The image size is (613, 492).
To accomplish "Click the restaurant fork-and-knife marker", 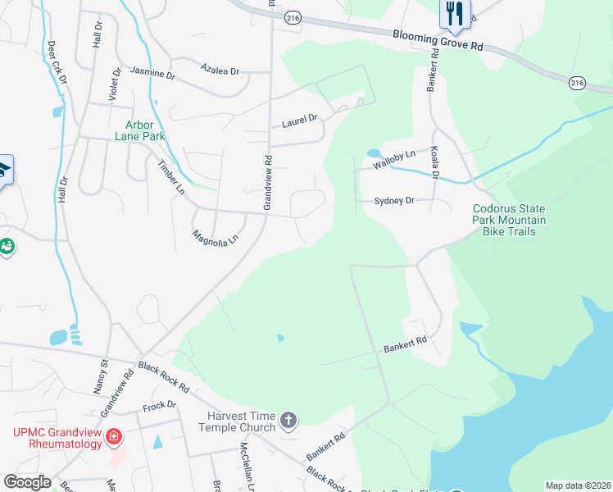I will (x=455, y=12).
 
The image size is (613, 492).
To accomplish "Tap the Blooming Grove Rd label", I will (x=438, y=40).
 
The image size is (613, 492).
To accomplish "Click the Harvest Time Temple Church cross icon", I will (x=288, y=421).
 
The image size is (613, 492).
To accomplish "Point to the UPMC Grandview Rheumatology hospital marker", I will (x=114, y=438).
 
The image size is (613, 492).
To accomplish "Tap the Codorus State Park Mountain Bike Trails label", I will (x=509, y=221).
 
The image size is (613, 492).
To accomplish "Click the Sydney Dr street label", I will (x=395, y=200).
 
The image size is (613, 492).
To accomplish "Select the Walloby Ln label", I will (x=394, y=159).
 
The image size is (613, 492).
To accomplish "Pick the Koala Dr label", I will (x=435, y=163).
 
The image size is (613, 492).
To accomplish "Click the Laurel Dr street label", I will (x=299, y=121).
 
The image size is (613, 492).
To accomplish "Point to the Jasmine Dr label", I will (x=152, y=74).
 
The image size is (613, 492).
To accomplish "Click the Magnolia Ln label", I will (x=215, y=238).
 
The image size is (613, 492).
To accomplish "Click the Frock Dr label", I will (x=160, y=405).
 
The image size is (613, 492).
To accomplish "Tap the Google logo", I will (x=27, y=482).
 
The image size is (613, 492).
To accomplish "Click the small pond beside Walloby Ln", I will (x=374, y=153).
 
